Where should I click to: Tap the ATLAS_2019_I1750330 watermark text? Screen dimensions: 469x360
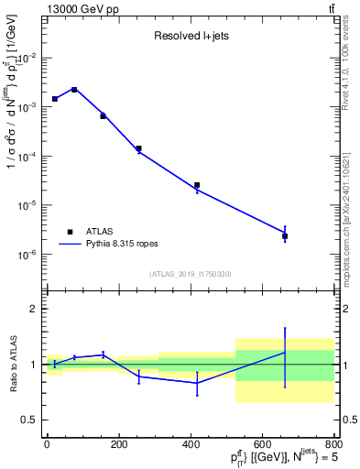click(x=190, y=274)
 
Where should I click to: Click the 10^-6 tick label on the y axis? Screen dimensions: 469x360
click(x=27, y=255)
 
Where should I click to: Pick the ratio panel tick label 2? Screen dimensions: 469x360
click(x=34, y=309)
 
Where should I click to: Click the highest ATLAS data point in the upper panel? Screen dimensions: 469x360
click(x=74, y=90)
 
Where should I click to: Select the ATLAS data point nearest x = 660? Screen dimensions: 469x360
click(x=285, y=236)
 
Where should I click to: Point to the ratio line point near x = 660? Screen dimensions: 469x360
click(x=285, y=352)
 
